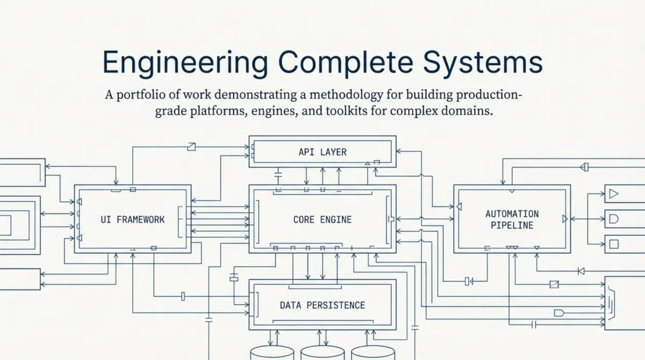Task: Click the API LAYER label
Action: tap(322, 152)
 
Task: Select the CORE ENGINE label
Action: tap(322, 219)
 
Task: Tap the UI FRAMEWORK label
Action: tap(133, 219)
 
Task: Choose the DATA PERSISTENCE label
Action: tap(322, 305)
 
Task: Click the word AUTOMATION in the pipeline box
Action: tap(512, 214)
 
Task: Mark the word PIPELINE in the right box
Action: tap(512, 225)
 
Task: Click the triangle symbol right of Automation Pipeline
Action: tap(614, 194)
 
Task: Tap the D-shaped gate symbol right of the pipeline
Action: tap(613, 218)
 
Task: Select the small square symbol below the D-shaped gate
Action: tap(613, 244)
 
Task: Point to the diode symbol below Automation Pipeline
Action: tap(580, 271)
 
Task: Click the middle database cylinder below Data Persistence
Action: tap(322, 353)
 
